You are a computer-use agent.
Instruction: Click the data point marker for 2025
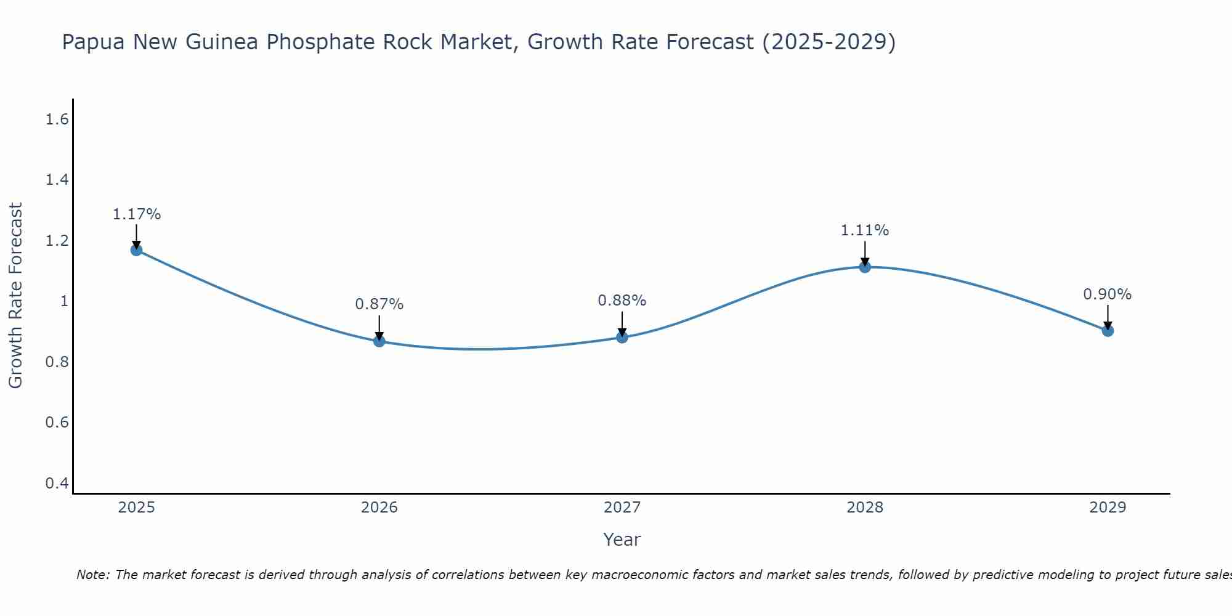click(136, 249)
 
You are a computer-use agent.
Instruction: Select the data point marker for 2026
click(379, 341)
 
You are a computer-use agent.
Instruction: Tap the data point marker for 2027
click(622, 337)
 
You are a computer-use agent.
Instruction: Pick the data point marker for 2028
click(864, 267)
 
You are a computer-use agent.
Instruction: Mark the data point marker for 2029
click(1107, 331)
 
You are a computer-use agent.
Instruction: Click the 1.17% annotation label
click(136, 214)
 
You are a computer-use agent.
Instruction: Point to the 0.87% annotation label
click(379, 304)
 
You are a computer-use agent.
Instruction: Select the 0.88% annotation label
click(622, 301)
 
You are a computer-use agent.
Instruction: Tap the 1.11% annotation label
click(864, 230)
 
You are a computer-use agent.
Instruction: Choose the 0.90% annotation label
click(1107, 294)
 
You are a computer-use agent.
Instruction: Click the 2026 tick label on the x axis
click(379, 508)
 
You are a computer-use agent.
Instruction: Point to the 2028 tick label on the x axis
click(864, 508)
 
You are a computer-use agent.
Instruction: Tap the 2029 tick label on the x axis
click(1107, 508)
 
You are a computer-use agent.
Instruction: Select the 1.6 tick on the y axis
click(57, 120)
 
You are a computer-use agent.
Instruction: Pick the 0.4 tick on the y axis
click(57, 483)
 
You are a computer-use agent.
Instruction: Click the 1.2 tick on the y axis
click(57, 241)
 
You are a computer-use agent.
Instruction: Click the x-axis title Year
click(622, 540)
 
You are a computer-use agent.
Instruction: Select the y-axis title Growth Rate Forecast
click(15, 296)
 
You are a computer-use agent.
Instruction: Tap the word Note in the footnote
click(92, 575)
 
